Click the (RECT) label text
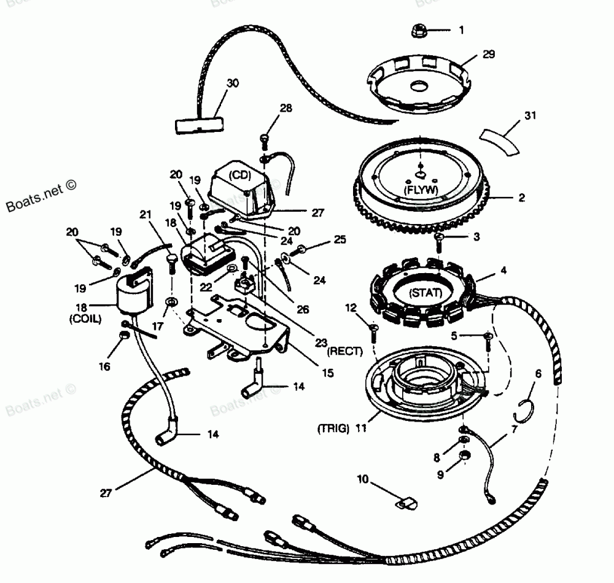tap(346, 351)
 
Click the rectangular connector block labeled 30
tap(196, 125)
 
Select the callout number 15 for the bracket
tap(328, 373)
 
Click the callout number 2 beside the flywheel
tap(521, 198)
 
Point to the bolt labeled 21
tap(171, 261)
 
